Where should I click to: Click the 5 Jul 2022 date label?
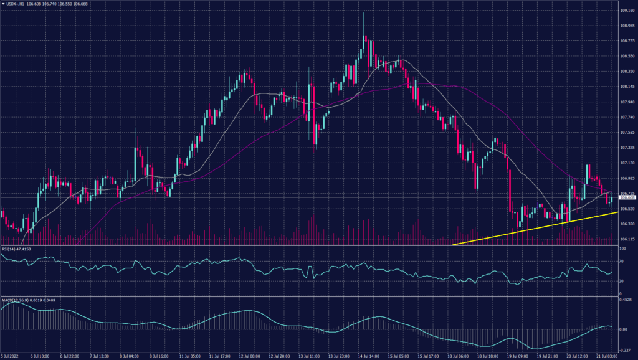(x=11, y=356)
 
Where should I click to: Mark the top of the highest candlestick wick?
(x=364, y=13)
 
